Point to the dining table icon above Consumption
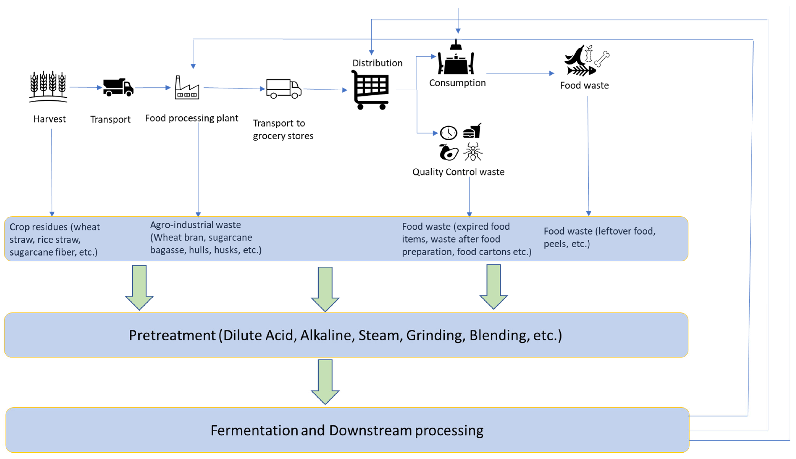(x=456, y=60)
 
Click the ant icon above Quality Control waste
(x=473, y=152)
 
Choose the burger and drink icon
(x=472, y=131)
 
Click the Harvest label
(x=49, y=119)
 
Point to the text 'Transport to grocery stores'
(x=283, y=129)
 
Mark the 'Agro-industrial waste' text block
(x=206, y=237)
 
